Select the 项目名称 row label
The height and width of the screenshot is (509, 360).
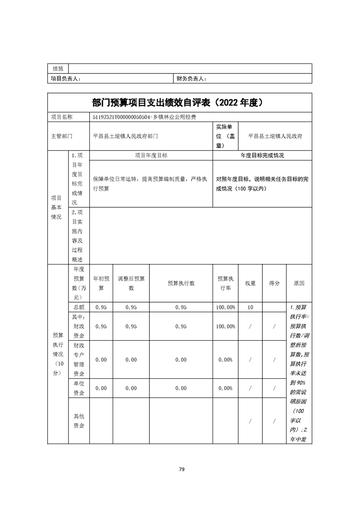tap(61, 117)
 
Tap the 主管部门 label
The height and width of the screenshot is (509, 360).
tap(61, 136)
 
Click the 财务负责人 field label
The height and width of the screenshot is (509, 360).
tap(191, 79)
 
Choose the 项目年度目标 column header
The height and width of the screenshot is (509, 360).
tap(151, 155)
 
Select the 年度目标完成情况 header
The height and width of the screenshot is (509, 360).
tap(262, 155)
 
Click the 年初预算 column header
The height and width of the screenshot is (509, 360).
tap(101, 283)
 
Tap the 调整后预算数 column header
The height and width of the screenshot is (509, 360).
tap(131, 283)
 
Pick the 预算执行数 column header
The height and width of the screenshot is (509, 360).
tap(181, 283)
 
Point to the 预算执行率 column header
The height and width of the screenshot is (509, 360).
tap(225, 283)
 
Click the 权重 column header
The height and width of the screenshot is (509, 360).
tap(250, 283)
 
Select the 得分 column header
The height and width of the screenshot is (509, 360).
tap(274, 283)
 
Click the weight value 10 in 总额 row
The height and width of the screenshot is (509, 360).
tap(250, 308)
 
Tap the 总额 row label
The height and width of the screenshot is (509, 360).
tap(79, 308)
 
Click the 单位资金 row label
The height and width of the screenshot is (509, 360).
tap(79, 388)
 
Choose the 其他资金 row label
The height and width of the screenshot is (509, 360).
tap(79, 421)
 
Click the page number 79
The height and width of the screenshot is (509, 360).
tap(181, 469)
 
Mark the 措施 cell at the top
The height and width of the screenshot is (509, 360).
tap(58, 69)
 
